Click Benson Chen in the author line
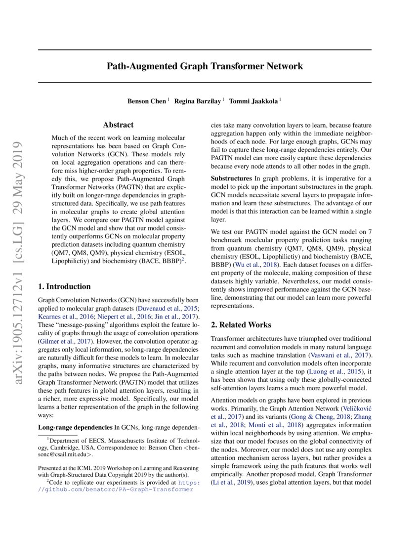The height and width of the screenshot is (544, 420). click(x=147, y=101)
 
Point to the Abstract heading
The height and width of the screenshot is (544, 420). click(x=118, y=125)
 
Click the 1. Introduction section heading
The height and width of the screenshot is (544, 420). click(x=64, y=286)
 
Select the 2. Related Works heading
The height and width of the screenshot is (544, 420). click(x=241, y=325)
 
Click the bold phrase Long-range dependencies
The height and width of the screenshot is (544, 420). click(x=75, y=426)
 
